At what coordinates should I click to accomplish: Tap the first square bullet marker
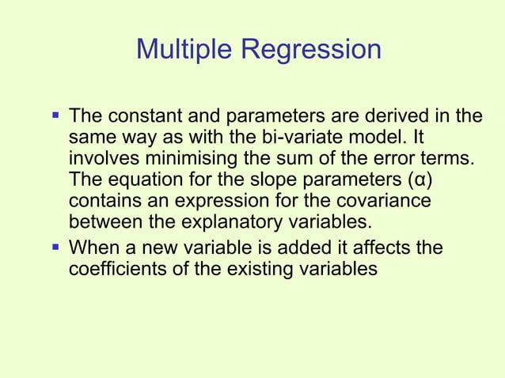(55, 116)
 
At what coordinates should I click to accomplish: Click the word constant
(138, 117)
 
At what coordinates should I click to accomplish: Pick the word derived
(410, 117)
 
